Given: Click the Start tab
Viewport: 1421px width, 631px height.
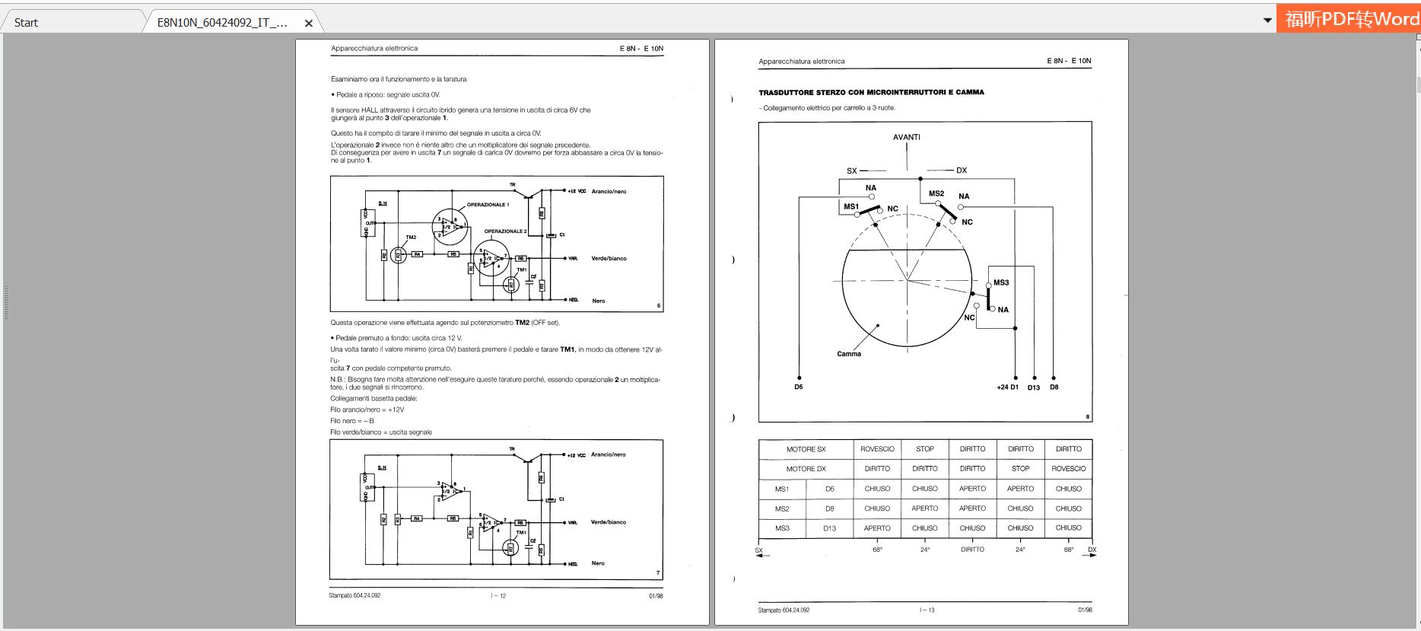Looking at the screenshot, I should coord(26,23).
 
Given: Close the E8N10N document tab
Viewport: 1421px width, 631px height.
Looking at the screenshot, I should coord(309,24).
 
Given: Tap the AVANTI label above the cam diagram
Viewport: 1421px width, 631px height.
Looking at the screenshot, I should coord(906,137).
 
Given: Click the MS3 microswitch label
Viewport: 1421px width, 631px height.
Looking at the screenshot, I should coord(1001,282).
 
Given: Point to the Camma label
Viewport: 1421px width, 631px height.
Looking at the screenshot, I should coord(849,354).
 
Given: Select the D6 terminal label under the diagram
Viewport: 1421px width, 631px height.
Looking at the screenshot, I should coord(799,387).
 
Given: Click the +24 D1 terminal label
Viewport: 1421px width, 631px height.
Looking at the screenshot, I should coord(1007,387).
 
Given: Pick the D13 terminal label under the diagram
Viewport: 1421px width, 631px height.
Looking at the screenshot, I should coord(1033,387).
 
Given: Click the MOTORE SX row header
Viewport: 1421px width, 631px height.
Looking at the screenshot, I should coord(806,449).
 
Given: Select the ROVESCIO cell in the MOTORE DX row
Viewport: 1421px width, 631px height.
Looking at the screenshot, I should coord(1068,469).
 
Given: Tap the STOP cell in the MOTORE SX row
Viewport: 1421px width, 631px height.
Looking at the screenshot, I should coord(924,449).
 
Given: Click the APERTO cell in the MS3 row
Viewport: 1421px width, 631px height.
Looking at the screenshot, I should coord(877,528).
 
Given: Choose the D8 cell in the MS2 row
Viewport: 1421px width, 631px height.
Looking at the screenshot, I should coord(829,508).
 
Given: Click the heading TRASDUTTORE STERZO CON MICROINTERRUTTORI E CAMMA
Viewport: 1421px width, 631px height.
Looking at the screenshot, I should coord(871,92).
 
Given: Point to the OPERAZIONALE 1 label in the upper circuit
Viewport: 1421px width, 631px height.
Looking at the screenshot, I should coord(488,205).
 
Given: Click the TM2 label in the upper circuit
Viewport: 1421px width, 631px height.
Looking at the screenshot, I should coord(411,237).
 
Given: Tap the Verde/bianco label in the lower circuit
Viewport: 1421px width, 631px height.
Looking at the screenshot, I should coord(609,522).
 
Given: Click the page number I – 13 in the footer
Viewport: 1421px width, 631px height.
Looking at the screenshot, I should coord(927,610).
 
